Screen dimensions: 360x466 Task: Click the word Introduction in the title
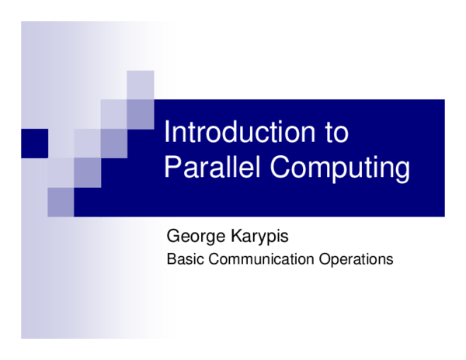tap(233, 133)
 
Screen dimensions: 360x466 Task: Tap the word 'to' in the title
tap(335, 133)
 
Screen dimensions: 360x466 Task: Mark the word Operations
tap(356, 259)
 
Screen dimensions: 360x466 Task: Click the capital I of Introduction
tap(168, 133)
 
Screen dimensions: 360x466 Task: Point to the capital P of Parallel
tap(172, 168)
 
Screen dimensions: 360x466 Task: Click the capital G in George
tap(173, 235)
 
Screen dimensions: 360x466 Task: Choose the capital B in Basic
tap(171, 259)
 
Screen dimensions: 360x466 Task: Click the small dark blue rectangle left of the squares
tap(34, 143)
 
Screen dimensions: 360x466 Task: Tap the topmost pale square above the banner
tap(140, 85)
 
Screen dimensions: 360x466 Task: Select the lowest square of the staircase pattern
tap(61, 202)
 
